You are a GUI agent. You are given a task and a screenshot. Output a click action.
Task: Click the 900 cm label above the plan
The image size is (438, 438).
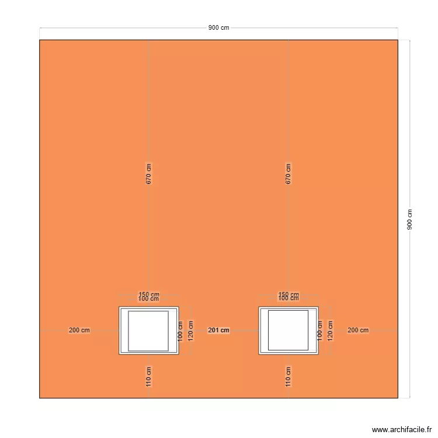[218, 28]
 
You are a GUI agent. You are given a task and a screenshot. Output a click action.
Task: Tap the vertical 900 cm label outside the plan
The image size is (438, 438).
[409, 220]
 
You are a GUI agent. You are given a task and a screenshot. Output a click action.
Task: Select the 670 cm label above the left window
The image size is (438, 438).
[149, 174]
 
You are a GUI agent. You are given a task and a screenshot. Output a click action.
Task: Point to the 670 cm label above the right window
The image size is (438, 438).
[288, 174]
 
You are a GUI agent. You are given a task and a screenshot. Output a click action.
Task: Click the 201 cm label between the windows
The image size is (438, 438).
[218, 331]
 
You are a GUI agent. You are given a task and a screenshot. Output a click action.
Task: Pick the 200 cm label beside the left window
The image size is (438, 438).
[79, 331]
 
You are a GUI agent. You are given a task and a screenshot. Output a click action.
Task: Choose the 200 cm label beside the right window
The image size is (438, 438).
[358, 331]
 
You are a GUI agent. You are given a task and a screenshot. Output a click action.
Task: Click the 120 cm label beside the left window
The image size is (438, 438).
[190, 331]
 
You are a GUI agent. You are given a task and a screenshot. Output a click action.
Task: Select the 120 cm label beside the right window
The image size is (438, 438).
[330, 331]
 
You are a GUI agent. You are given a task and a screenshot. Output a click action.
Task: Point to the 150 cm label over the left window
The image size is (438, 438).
[149, 294]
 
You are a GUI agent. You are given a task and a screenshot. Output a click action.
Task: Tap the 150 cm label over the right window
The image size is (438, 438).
[288, 294]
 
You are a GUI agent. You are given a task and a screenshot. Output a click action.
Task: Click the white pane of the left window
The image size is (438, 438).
[148, 331]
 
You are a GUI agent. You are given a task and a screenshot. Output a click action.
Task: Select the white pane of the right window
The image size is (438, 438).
[288, 331]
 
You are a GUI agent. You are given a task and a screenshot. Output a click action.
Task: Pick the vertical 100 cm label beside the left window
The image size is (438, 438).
[180, 331]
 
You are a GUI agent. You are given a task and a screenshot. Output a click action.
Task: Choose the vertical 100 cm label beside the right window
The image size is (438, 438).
[319, 331]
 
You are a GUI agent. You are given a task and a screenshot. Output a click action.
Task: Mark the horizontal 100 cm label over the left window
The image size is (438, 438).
[148, 300]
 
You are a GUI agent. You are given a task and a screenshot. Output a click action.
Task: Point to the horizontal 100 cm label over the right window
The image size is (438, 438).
[288, 300]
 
